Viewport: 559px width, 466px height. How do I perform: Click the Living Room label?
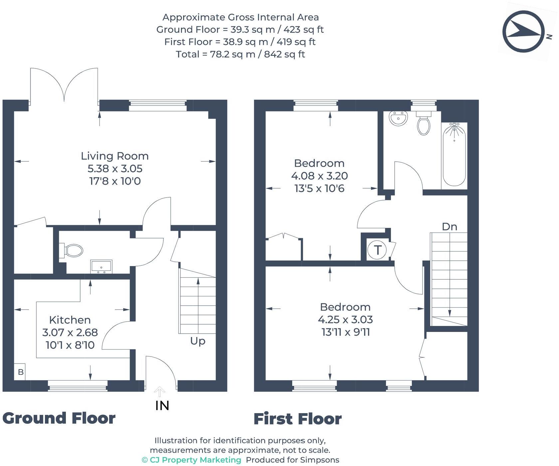tap(114, 156)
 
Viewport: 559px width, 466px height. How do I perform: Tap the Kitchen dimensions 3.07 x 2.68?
tap(70, 332)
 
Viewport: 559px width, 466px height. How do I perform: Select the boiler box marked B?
tap(20, 372)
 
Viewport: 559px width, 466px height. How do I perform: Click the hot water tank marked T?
tap(378, 250)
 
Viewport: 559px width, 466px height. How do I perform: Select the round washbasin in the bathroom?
tap(398, 119)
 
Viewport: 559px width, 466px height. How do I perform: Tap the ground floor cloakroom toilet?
tap(72, 250)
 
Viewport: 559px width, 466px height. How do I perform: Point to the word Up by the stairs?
tap(198, 341)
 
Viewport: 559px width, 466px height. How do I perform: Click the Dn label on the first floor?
tap(449, 227)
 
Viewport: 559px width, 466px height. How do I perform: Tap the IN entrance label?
tap(162, 405)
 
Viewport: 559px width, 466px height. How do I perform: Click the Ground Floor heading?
tap(59, 418)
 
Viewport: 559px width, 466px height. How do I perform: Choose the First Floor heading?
tap(297, 419)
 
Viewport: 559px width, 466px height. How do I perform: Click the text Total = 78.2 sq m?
tap(240, 54)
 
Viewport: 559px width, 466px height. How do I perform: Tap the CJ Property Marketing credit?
tap(192, 460)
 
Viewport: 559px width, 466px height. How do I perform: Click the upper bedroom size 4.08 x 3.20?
tap(319, 176)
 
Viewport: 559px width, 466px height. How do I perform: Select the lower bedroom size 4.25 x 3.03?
tap(345, 320)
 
